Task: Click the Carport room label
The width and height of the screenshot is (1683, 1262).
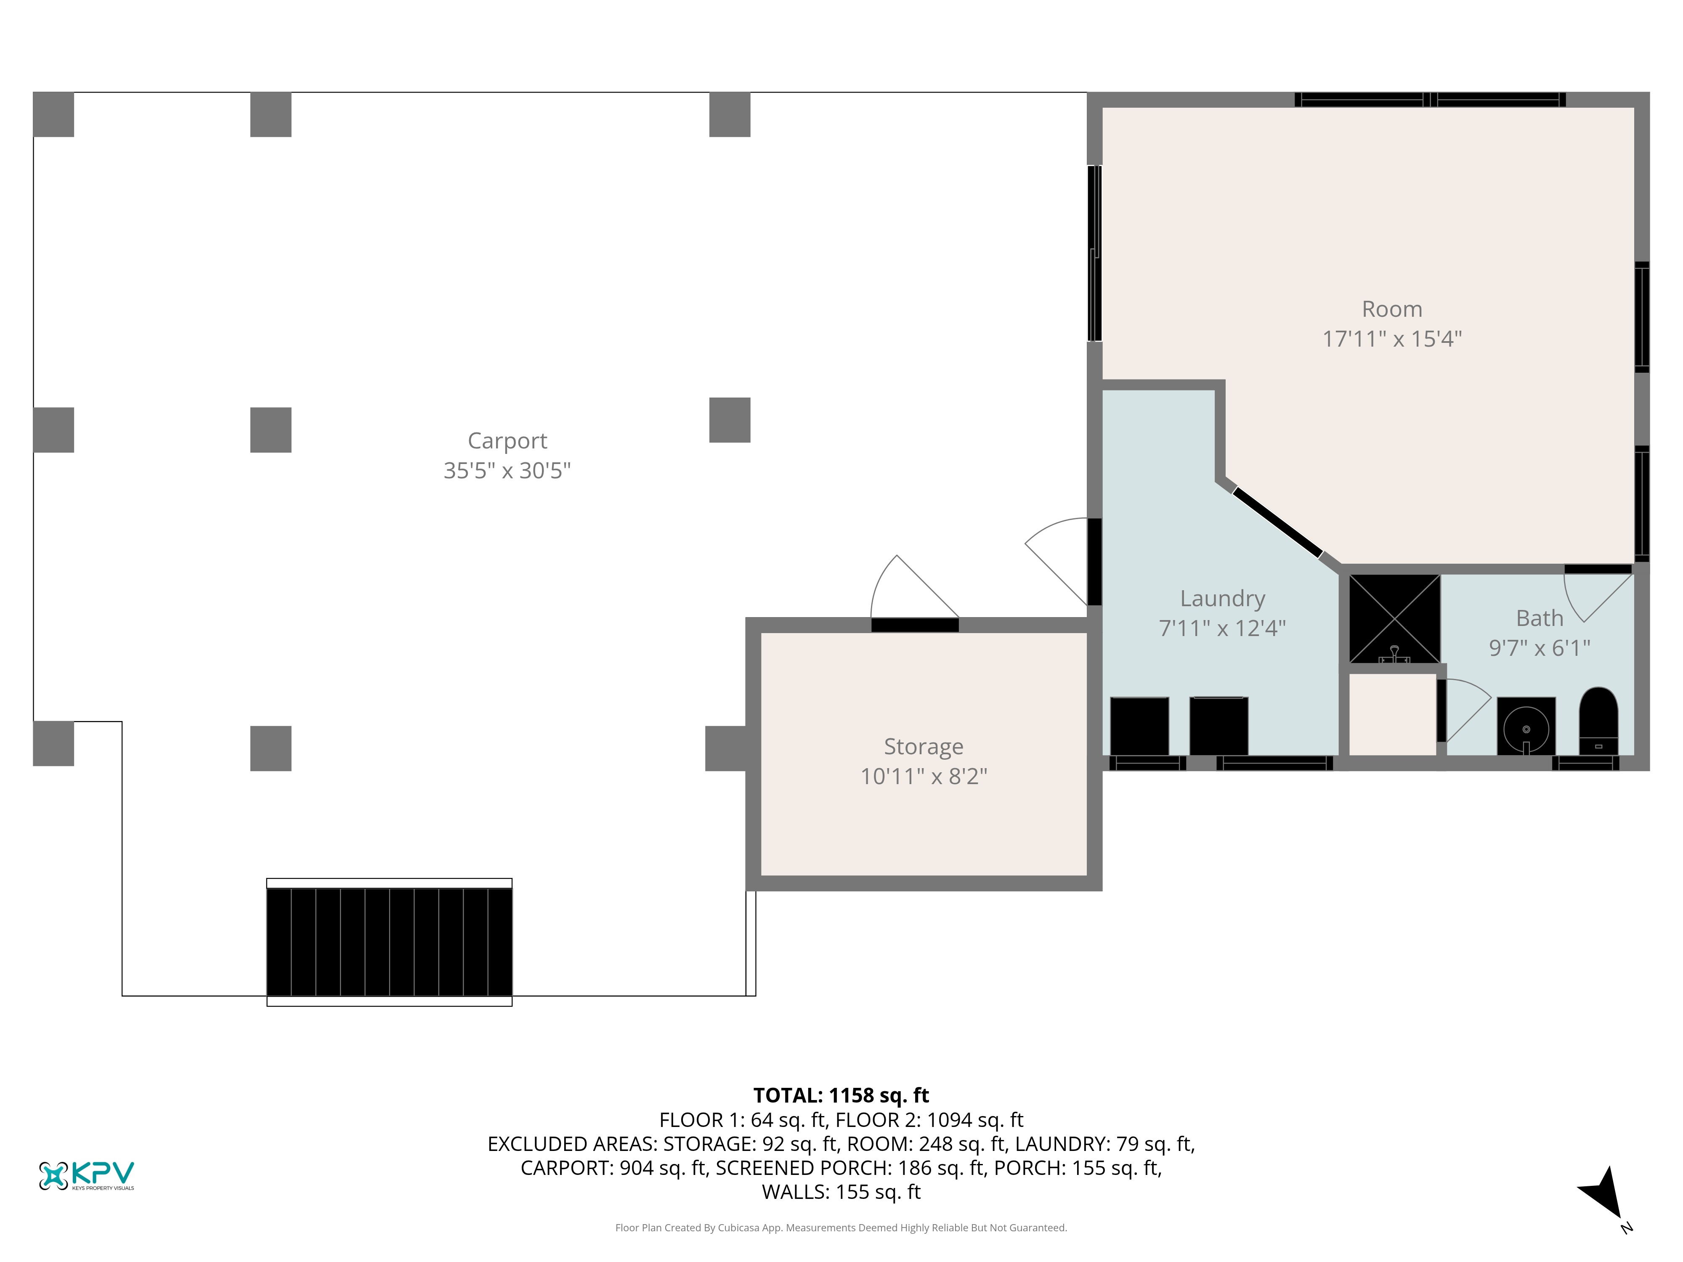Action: tap(507, 440)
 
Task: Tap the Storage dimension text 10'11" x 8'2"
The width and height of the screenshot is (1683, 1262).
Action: tap(924, 776)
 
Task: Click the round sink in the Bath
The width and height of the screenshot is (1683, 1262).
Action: tap(1526, 726)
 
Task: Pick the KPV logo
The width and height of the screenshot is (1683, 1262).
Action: tap(86, 1175)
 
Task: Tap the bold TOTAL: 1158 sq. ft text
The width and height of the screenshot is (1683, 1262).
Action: tap(841, 1095)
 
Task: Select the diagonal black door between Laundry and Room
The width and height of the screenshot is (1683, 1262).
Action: tap(1277, 522)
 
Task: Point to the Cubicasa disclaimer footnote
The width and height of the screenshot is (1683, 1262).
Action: tap(841, 1228)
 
